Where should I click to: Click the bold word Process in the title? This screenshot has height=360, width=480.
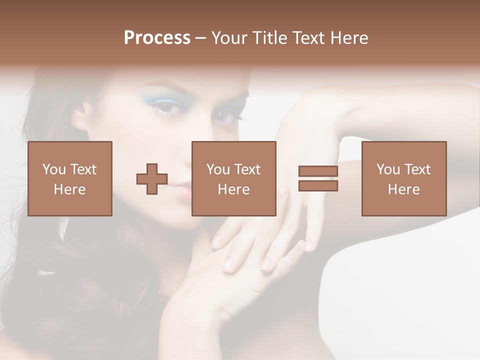pos(157,38)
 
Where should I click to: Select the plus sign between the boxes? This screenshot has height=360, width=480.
pos(152,179)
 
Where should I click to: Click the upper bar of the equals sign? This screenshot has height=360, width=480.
pos(318,171)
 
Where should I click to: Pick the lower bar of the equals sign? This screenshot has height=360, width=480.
pos(318,186)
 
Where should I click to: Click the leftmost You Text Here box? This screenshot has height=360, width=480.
pos(70,178)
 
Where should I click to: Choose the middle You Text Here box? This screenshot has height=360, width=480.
pos(234,178)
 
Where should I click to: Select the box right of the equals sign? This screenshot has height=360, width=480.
pos(404,178)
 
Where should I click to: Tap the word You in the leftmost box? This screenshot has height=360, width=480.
pos(53,169)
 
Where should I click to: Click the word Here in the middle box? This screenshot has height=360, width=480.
pos(234,189)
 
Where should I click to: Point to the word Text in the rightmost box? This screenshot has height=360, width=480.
pos(416,169)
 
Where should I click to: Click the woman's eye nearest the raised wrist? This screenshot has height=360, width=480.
pos(224,116)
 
